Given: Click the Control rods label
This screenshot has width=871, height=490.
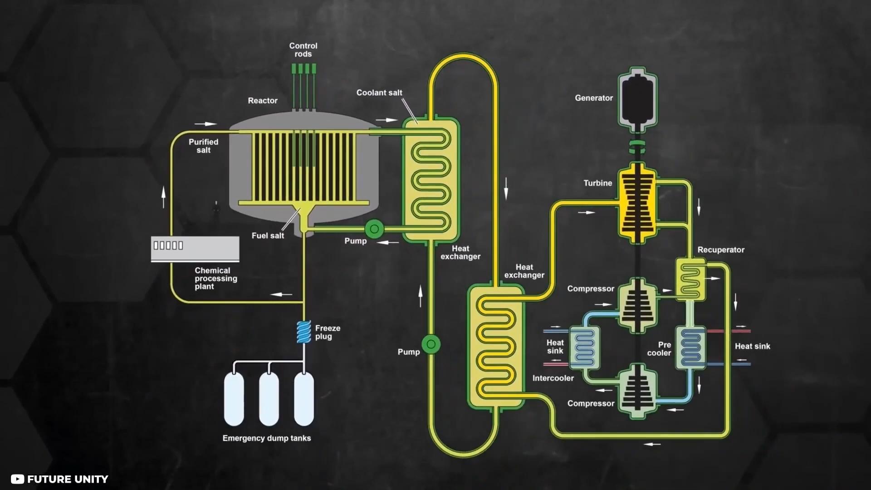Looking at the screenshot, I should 303,50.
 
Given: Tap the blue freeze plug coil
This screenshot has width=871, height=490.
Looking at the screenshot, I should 304,332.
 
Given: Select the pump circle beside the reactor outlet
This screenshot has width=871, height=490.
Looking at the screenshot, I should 374,229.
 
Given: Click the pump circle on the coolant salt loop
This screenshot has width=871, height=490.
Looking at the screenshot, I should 431,344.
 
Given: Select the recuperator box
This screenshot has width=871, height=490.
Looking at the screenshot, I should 690,279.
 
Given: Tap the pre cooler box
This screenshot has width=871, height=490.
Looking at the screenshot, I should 690,348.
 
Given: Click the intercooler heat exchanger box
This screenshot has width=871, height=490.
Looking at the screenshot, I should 584,348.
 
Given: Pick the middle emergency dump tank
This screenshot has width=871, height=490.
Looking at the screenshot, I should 269,399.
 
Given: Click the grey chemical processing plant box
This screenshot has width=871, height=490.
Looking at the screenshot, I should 195,249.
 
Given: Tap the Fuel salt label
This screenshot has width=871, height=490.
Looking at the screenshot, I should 268,236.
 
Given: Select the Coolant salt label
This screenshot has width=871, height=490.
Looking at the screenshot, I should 379,93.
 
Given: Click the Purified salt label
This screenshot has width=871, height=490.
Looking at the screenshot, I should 204,146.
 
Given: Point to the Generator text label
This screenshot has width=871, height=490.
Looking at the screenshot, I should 594,98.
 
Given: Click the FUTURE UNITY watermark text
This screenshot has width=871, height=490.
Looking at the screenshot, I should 68,479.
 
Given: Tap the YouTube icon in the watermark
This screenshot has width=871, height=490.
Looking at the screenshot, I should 17,479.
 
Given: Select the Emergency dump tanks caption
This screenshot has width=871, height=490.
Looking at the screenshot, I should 267,438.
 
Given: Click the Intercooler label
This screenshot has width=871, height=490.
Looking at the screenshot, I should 553,378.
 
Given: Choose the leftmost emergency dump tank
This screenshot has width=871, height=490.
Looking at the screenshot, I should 234,399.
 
